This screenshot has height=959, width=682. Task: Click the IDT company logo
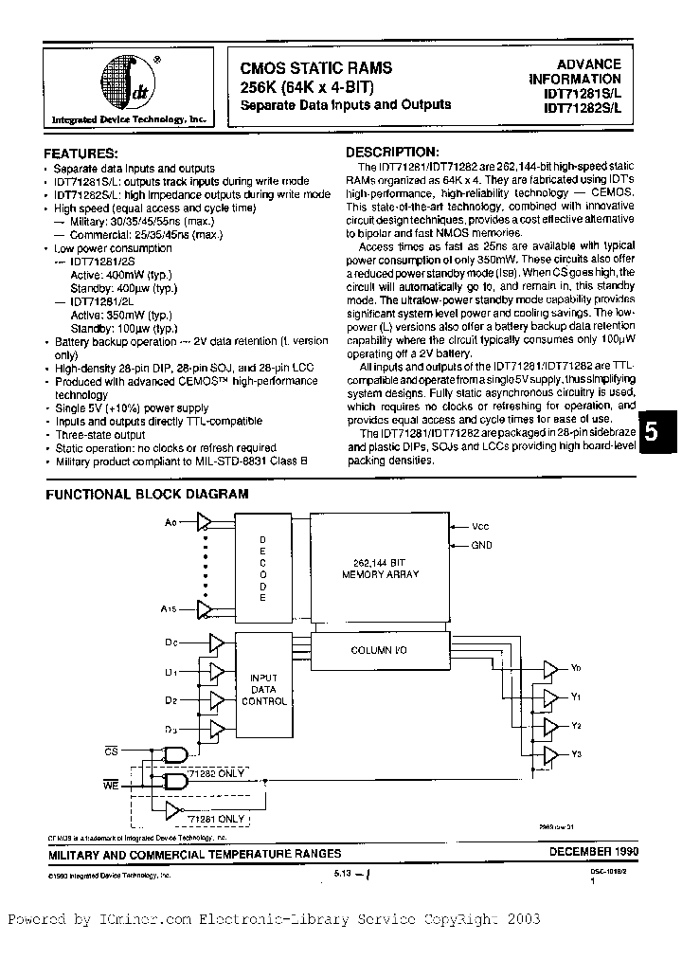(x=130, y=86)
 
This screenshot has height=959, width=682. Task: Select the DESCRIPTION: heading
(x=391, y=152)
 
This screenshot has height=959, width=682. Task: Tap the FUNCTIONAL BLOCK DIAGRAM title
(x=148, y=494)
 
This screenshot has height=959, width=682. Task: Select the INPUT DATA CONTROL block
(x=264, y=689)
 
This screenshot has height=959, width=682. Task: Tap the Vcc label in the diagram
(x=482, y=524)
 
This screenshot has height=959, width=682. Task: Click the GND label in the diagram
(x=482, y=545)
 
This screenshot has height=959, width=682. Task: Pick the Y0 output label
(x=576, y=669)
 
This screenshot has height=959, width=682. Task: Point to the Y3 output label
(x=576, y=753)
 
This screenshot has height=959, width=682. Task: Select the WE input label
(x=110, y=782)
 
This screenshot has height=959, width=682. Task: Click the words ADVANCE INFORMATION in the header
(x=581, y=72)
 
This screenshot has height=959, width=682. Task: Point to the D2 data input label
(x=170, y=700)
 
